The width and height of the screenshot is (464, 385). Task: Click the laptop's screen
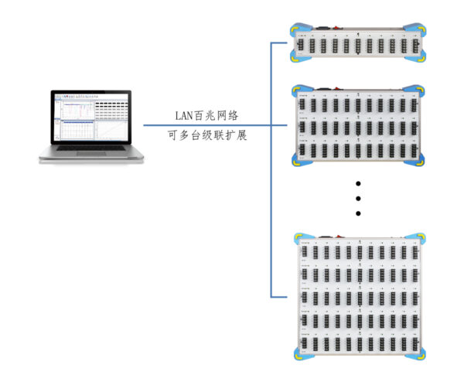click(92, 120)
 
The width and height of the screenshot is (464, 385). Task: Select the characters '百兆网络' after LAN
click(220, 116)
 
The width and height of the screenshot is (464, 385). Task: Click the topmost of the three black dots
click(358, 183)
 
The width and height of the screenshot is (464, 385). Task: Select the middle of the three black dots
click(358, 198)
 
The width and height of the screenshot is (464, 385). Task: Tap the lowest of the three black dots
click(358, 213)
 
